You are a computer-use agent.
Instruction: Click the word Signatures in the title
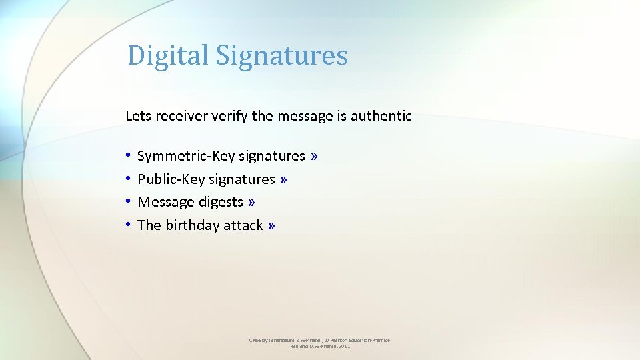(281, 55)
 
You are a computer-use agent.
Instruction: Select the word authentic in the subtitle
(382, 116)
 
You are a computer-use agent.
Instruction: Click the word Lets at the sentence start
(139, 116)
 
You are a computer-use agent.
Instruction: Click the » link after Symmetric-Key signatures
(314, 156)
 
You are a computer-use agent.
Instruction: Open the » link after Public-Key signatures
(284, 179)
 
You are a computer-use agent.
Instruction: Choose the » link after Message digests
(251, 202)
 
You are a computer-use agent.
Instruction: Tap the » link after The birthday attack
(271, 225)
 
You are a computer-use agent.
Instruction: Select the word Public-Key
(171, 179)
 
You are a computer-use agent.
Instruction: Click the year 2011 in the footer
(344, 347)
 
